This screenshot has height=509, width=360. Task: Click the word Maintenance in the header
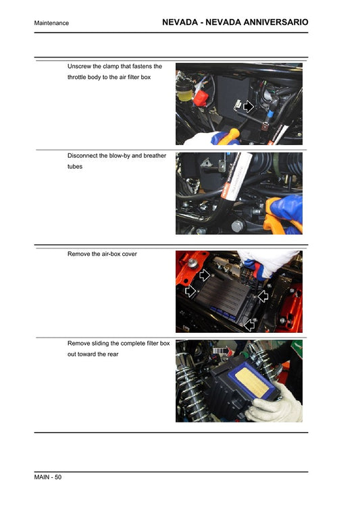click(51, 23)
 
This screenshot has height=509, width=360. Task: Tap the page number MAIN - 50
click(48, 478)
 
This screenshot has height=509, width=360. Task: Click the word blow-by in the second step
click(119, 155)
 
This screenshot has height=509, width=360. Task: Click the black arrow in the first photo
click(249, 106)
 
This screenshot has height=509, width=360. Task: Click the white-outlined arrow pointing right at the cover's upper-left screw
click(205, 275)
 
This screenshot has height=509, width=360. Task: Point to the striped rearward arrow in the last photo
click(221, 351)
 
